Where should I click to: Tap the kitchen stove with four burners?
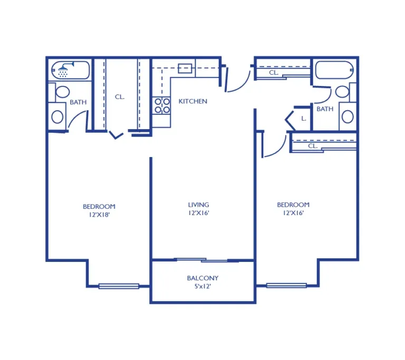[162, 105]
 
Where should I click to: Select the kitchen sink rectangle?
[185, 69]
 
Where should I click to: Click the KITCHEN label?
[192, 101]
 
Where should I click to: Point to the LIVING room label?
[198, 205]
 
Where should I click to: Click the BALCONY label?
[202, 278]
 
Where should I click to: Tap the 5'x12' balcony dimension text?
[202, 286]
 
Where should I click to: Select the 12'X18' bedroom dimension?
[100, 215]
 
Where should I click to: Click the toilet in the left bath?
[62, 92]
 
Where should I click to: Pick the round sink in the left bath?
[57, 116]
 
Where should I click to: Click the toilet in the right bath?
[342, 91]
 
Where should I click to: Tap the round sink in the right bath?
[348, 116]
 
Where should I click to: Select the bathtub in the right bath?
[334, 70]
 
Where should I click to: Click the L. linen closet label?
[304, 119]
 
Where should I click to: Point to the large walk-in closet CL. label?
[120, 97]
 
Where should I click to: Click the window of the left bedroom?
[119, 286]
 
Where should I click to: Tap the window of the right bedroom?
[286, 285]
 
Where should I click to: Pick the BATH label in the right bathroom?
[325, 109]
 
